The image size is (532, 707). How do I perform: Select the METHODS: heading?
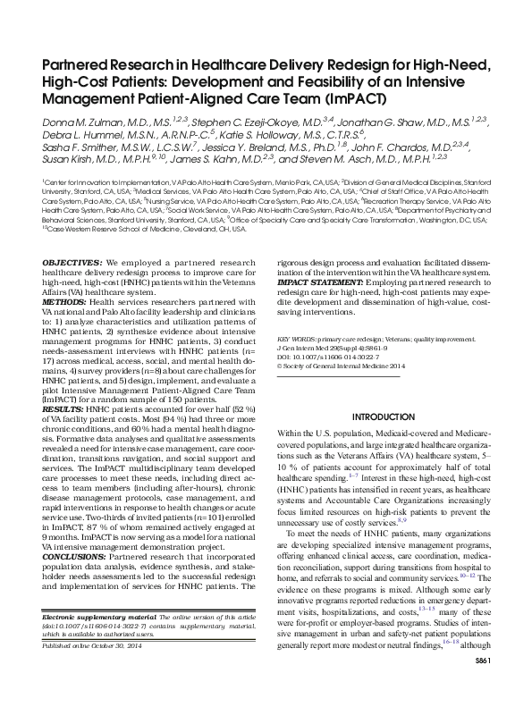[63, 300]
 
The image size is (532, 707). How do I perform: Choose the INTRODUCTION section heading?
[383, 417]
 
